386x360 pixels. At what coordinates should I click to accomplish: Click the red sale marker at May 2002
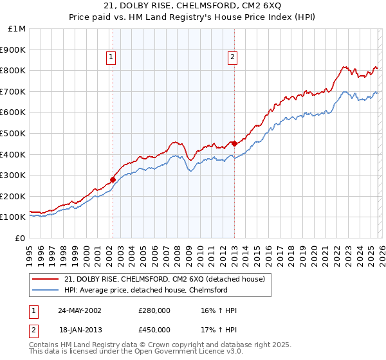coord(113,180)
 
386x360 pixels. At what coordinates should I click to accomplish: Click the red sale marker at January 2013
coord(234,144)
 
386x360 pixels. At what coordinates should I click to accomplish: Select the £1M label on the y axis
coord(17,28)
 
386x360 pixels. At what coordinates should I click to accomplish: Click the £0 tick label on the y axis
coord(20,238)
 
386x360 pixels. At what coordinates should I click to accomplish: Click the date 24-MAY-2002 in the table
coord(79,310)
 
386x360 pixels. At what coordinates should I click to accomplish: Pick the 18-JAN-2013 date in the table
coord(79,330)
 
